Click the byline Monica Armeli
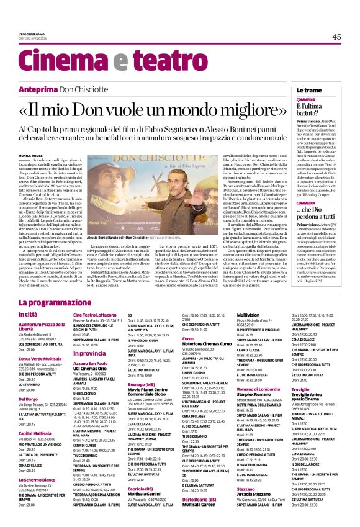[x=32, y=155]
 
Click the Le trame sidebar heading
[x=310, y=91]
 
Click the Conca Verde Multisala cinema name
[x=41, y=359]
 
